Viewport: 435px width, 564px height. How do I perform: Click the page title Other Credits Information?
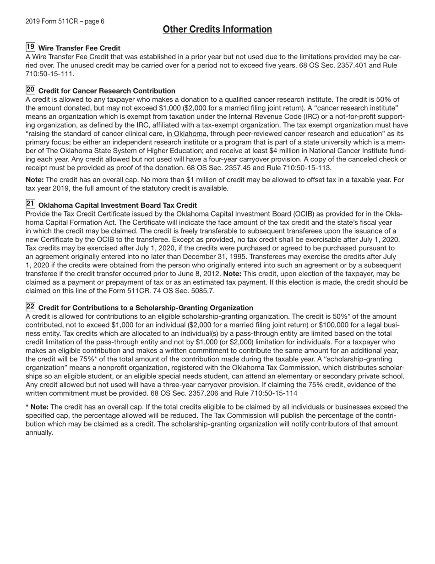point(217,30)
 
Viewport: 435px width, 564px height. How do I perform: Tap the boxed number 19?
point(30,47)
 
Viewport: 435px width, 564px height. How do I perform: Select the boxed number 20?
point(30,90)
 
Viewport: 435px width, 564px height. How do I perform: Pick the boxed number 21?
point(30,204)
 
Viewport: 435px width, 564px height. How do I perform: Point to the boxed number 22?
point(30,307)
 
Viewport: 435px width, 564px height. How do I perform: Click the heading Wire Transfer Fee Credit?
point(79,48)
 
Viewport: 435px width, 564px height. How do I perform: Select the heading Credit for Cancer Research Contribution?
point(107,91)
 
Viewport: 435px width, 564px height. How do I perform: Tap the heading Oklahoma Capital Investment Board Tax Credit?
point(118,205)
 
